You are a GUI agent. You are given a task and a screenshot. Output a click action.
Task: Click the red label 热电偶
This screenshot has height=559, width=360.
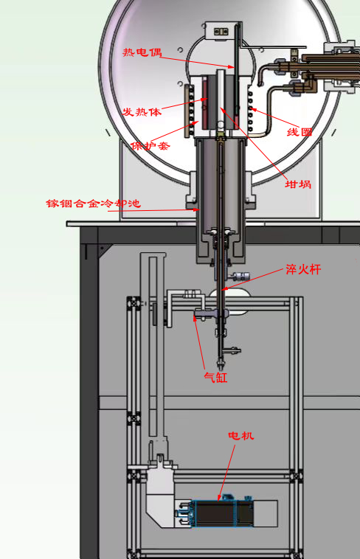click(142, 52)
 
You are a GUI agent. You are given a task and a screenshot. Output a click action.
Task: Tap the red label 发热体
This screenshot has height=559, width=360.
click(142, 111)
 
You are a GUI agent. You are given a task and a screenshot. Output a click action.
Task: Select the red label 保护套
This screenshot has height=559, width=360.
click(150, 145)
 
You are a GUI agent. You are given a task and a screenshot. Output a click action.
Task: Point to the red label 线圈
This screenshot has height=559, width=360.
click(300, 132)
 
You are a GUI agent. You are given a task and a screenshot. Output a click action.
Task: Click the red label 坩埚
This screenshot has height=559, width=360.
click(298, 184)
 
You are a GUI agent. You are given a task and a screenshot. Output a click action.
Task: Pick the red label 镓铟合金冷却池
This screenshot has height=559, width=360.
click(94, 204)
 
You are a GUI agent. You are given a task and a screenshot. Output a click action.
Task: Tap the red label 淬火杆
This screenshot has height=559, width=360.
click(303, 269)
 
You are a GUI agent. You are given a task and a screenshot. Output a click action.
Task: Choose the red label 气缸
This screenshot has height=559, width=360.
click(215, 377)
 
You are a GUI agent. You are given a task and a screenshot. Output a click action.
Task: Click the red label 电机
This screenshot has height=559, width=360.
click(241, 435)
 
